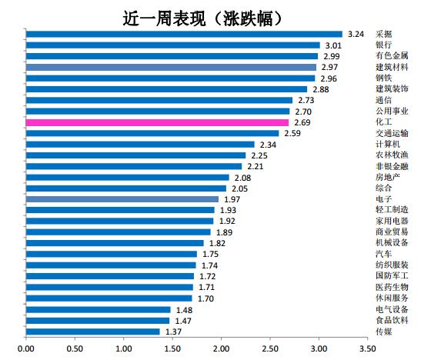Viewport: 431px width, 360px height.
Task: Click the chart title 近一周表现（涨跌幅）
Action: (208, 15)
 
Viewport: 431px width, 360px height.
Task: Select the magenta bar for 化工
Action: (157, 122)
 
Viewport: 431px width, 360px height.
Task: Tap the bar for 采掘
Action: (184, 34)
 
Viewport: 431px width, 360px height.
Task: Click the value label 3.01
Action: (332, 45)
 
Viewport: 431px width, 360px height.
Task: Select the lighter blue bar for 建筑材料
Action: (171, 67)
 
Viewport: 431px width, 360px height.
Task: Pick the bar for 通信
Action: (159, 100)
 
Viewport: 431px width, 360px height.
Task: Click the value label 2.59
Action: (292, 134)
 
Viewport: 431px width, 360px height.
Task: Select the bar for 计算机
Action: (140, 145)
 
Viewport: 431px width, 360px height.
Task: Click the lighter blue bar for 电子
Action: (122, 199)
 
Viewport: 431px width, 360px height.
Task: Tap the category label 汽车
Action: (383, 254)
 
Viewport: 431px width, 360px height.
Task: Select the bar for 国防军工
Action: (110, 276)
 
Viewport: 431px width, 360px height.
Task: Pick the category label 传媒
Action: (383, 332)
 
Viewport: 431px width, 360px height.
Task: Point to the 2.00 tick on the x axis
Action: (221, 349)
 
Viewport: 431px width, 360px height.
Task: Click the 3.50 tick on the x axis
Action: (367, 349)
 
